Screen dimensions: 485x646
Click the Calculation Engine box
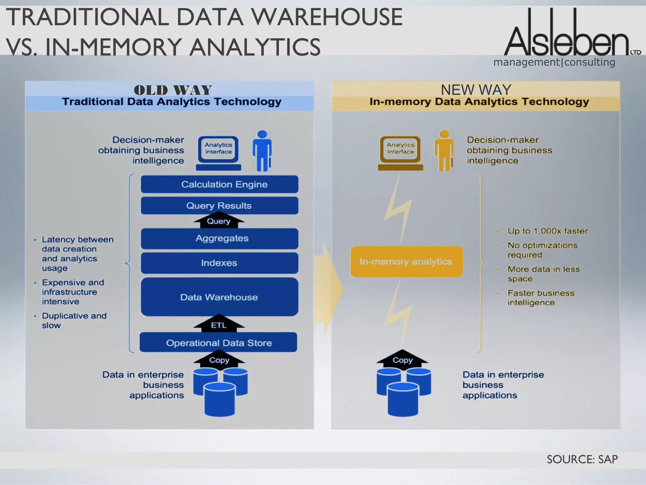tap(220, 184)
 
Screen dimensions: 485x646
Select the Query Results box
tap(220, 206)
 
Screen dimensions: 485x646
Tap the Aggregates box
tap(220, 238)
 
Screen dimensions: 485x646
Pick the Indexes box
tap(220, 263)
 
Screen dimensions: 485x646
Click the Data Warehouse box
tap(220, 297)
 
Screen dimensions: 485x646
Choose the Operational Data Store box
tap(218, 343)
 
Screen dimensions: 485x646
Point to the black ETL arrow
tap(219, 324)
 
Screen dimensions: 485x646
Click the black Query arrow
tap(219, 221)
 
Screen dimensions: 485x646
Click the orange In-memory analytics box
tap(406, 261)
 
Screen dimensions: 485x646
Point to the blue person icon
tap(262, 151)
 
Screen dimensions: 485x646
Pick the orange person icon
tap(444, 151)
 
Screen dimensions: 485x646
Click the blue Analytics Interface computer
tap(218, 153)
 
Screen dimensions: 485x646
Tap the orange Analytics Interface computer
tap(400, 153)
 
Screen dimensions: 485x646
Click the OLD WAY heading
tap(173, 90)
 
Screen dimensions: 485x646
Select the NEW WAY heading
tap(476, 90)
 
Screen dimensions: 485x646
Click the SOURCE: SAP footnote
tap(582, 459)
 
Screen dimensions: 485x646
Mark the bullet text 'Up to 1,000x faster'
tap(547, 231)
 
